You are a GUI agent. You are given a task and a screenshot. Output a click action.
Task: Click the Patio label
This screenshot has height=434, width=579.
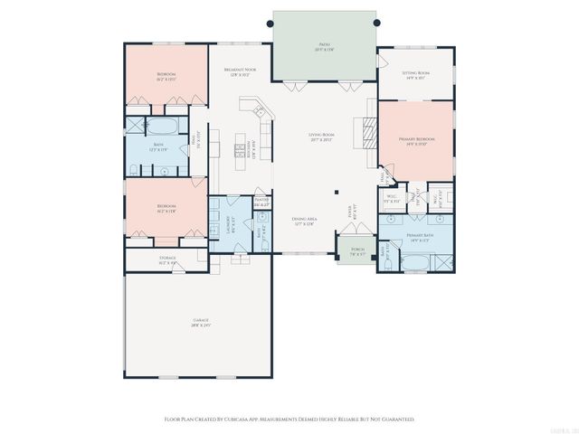point(323,44)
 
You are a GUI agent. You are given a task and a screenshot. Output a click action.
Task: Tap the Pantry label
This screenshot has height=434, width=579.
point(261,203)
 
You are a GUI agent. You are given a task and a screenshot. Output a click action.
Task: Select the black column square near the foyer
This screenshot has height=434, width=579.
point(336,191)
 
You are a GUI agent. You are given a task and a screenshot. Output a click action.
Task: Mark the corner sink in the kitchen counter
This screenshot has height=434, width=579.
point(261,112)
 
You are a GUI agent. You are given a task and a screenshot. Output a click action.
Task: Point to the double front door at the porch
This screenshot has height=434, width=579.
point(348,239)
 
